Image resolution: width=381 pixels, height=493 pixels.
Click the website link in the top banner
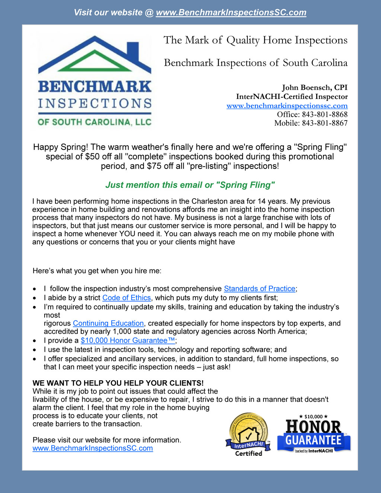point(231,13)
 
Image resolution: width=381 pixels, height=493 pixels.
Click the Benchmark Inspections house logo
point(95,82)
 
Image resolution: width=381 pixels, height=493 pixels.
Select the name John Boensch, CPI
point(314,87)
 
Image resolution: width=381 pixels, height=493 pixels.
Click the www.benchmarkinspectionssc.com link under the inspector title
point(287,106)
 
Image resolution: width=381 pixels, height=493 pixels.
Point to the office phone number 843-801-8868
point(324,114)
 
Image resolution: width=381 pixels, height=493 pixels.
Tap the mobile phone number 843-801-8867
point(324,123)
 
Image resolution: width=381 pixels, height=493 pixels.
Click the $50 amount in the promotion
point(92,157)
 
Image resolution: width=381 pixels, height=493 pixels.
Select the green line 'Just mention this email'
point(190,185)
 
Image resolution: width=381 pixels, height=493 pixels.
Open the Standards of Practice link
point(259,289)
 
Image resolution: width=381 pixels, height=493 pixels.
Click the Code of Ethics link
point(127,298)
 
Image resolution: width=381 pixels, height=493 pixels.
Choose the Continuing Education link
point(108,323)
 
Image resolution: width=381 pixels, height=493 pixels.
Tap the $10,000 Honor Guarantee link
point(128,340)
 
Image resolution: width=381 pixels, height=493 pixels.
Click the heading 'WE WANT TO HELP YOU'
point(118,383)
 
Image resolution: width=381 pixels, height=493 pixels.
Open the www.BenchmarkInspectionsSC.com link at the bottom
point(93,448)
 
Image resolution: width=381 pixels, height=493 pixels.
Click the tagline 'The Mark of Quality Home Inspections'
point(255,40)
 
